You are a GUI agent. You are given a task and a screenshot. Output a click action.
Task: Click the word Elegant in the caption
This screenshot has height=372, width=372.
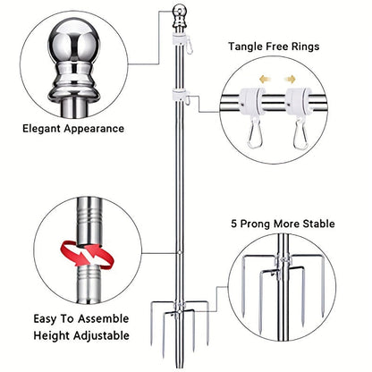[x=42, y=129]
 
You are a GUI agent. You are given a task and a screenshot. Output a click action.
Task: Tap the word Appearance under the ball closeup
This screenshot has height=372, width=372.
[x=94, y=130]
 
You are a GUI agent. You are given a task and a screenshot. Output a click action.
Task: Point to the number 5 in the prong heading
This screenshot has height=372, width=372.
[x=234, y=224]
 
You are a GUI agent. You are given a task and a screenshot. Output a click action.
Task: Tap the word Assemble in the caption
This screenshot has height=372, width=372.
[x=104, y=318]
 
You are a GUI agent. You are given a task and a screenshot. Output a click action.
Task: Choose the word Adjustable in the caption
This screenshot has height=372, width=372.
[x=101, y=335]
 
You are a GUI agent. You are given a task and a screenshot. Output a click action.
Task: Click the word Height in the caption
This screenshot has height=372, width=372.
[x=52, y=335]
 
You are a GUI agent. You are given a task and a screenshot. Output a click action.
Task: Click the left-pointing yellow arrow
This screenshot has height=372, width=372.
[x=265, y=80]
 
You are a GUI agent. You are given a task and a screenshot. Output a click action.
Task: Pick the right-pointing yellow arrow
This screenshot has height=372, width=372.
[x=290, y=80]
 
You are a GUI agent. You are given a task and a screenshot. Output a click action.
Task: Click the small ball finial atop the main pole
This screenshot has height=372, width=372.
[x=179, y=12]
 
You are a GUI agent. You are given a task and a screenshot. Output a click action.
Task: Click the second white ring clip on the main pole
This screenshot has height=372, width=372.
[x=179, y=95]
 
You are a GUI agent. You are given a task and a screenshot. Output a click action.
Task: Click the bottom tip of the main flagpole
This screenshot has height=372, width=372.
[x=179, y=368]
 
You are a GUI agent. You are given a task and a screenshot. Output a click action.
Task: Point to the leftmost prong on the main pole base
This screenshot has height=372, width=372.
[x=152, y=325]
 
